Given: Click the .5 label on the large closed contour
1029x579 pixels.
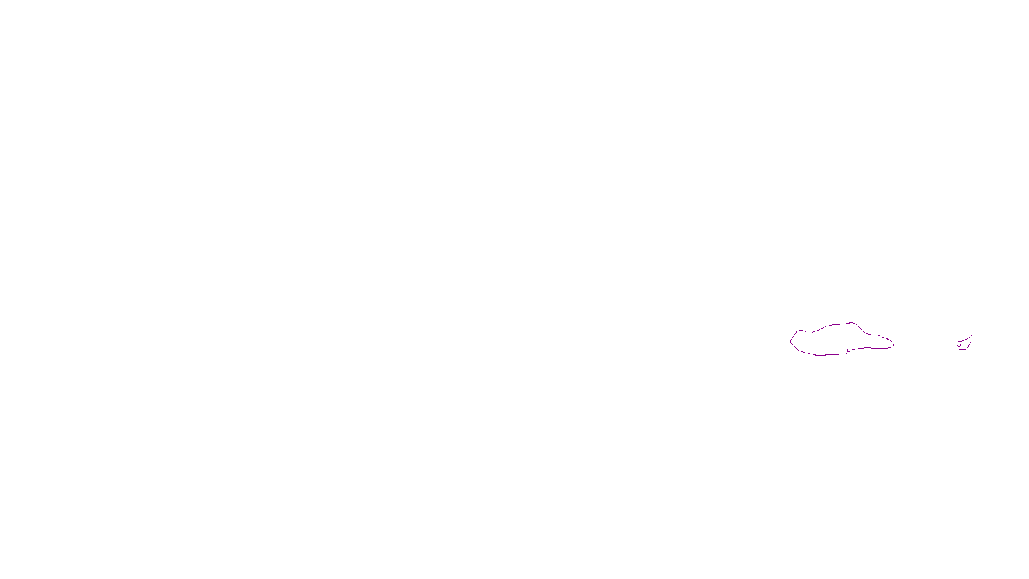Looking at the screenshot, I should coord(848,352).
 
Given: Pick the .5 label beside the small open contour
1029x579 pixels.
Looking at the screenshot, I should coord(958,344).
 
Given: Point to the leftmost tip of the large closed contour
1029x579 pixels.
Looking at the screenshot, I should coord(790,341).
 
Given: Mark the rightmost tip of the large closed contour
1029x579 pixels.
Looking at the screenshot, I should coord(894,345).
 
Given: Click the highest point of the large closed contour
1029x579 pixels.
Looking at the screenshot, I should coord(852,322).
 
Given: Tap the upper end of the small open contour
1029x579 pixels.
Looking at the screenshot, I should coord(971,335).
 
